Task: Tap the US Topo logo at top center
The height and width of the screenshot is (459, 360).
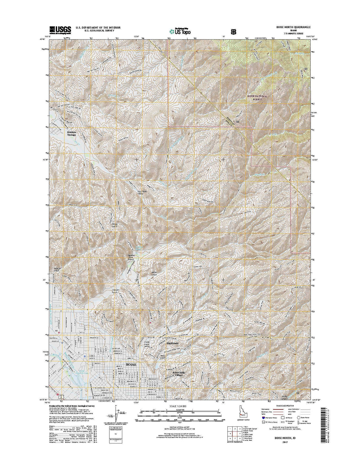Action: click(180, 31)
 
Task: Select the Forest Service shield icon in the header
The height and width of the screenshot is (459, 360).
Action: click(233, 31)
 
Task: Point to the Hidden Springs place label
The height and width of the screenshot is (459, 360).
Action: click(71, 133)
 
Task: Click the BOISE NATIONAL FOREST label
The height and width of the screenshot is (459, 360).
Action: click(257, 98)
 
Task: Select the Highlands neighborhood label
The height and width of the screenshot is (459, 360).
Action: click(173, 343)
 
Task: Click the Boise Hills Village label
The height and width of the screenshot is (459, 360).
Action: click(178, 374)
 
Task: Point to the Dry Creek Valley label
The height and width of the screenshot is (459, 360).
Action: click(142, 193)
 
